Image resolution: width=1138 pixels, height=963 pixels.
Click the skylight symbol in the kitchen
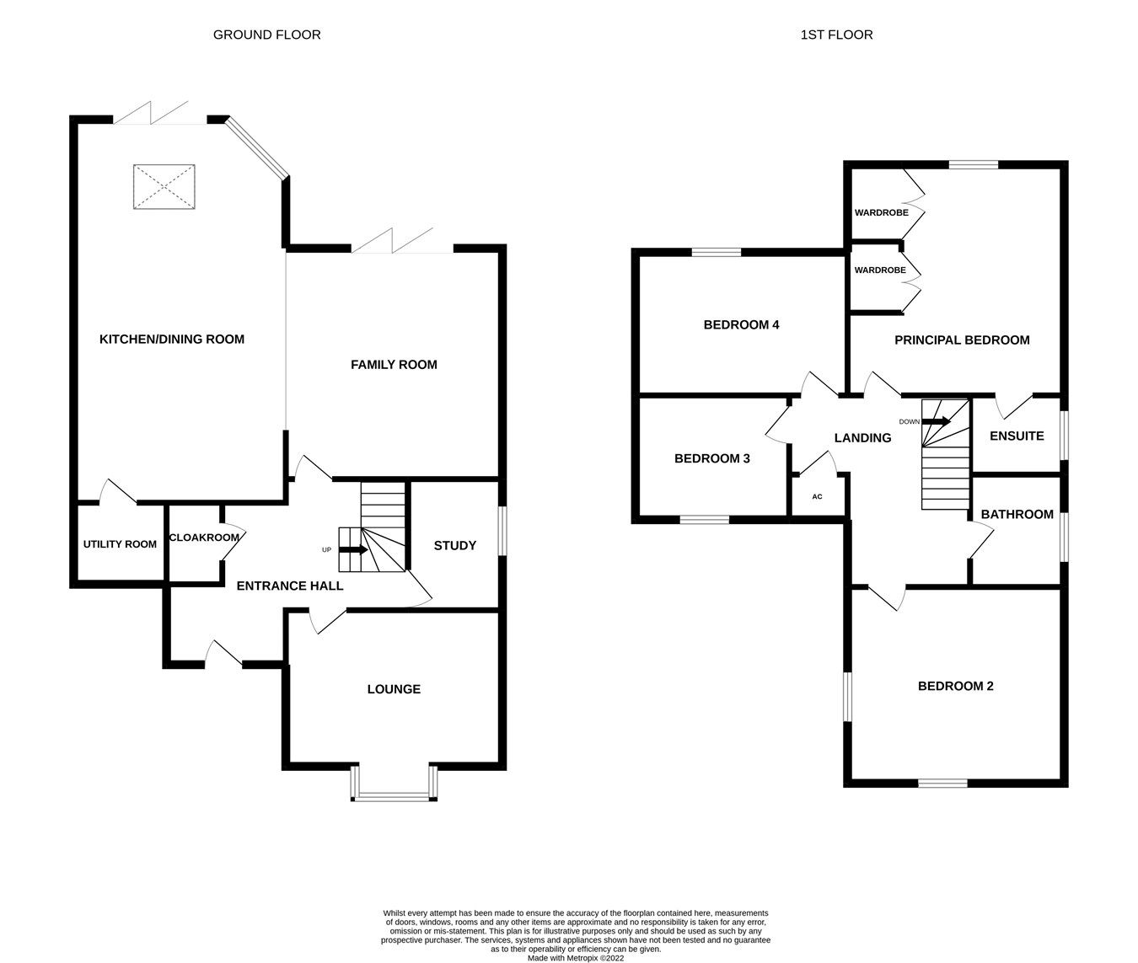click(x=164, y=187)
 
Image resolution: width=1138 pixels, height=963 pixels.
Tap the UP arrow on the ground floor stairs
click(x=353, y=550)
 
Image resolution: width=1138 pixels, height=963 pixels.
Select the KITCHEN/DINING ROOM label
click(x=172, y=340)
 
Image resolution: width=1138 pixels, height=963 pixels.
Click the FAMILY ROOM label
click(x=394, y=365)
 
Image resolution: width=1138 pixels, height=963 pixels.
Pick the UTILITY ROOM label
click(x=120, y=544)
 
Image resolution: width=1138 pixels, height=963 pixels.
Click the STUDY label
click(x=455, y=546)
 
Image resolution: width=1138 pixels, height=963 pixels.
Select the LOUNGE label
click(x=394, y=689)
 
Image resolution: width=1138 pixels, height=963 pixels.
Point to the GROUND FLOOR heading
click(x=266, y=35)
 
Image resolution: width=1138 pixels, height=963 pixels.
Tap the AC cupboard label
click(x=817, y=497)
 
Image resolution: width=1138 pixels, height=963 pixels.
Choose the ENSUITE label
click(x=1017, y=436)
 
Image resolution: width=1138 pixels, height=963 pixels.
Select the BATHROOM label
click(x=1017, y=515)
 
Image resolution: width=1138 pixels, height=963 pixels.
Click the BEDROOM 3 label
click(x=712, y=459)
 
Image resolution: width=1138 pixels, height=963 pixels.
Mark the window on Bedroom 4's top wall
click(x=717, y=251)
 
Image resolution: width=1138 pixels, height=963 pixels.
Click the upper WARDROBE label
click(x=881, y=212)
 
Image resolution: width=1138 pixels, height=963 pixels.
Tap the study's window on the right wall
click(x=502, y=531)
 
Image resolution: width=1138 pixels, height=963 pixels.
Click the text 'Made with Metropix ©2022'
click(x=576, y=958)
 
